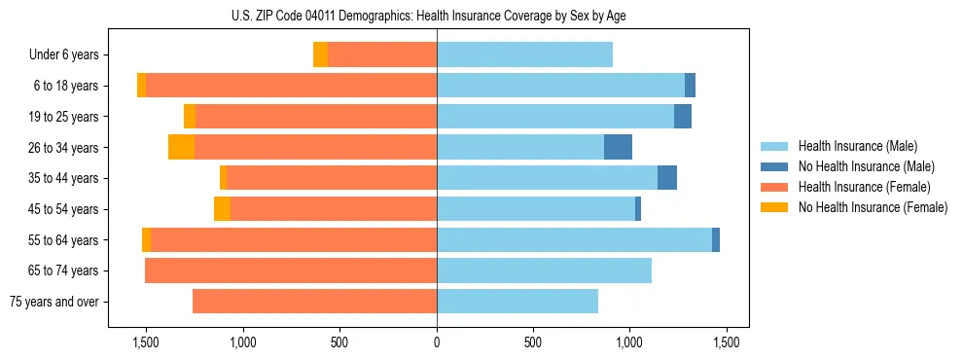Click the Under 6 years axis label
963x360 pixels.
[63, 55]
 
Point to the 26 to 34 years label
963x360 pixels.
[65, 148]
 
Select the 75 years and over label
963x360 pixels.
[54, 302]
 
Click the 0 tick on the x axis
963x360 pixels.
[437, 342]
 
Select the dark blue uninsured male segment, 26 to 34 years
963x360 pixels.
[618, 147]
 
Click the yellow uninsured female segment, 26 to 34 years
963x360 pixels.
[181, 147]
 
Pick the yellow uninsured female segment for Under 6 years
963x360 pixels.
[320, 54]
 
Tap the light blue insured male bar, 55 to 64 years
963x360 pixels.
[574, 239]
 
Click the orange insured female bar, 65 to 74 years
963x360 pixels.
[291, 270]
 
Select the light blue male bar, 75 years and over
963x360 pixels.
[517, 302]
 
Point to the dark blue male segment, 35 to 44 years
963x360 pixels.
[667, 178]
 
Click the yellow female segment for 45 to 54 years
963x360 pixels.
[222, 209]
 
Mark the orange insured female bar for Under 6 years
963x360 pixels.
[382, 54]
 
